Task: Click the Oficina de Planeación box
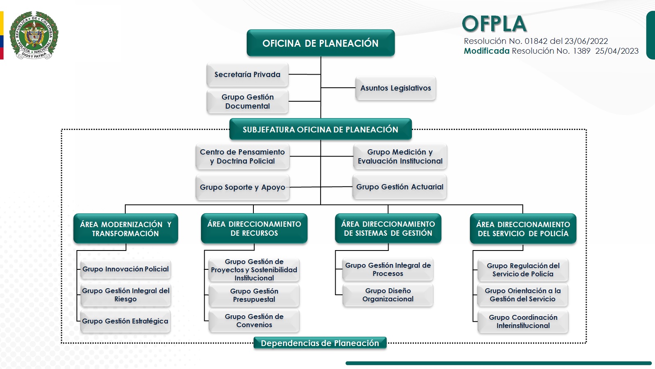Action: [321, 43]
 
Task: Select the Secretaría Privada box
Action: [248, 75]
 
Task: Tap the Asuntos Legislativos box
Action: [395, 88]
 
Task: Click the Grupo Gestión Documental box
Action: [248, 102]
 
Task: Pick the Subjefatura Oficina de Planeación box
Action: [321, 130]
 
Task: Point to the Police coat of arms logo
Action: [34, 36]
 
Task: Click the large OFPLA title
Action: [494, 24]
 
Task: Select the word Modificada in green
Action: [486, 51]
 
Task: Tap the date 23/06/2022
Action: [586, 41]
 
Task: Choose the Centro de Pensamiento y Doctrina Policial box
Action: [242, 157]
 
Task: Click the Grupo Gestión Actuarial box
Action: [400, 187]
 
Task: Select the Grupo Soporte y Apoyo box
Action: [242, 187]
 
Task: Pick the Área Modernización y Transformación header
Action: [126, 229]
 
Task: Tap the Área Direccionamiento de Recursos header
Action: [254, 228]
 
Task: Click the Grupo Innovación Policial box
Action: [126, 269]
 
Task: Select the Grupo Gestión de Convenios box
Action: [254, 321]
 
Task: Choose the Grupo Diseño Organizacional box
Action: [388, 295]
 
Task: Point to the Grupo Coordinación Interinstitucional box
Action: [523, 321]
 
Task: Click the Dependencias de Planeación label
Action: [320, 343]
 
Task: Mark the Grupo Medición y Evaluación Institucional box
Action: [400, 157]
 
